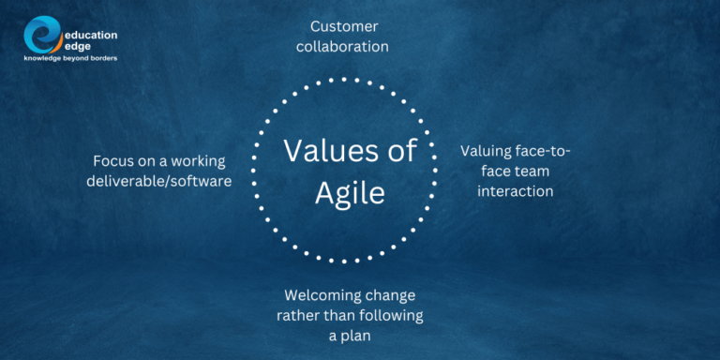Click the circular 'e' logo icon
(x=43, y=36)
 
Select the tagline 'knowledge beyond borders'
(x=70, y=58)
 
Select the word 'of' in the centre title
(x=410, y=152)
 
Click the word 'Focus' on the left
(x=115, y=160)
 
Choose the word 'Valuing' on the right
(x=488, y=150)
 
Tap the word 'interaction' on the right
(x=515, y=191)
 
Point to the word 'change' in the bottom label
(x=389, y=294)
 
